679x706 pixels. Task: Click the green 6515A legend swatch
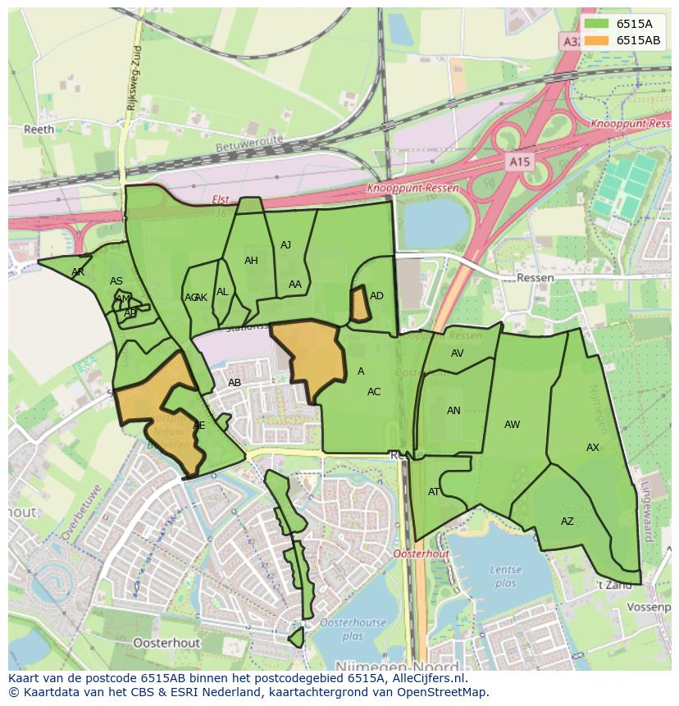click(x=597, y=24)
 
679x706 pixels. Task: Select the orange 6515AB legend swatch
click(x=597, y=40)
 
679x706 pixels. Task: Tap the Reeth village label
click(x=39, y=130)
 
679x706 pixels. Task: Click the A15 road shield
click(x=518, y=162)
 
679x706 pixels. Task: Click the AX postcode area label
click(x=593, y=447)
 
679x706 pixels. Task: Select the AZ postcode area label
click(x=567, y=522)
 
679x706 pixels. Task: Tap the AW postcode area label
click(x=512, y=424)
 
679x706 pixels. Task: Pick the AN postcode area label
click(x=453, y=411)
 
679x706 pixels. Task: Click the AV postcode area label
click(x=458, y=353)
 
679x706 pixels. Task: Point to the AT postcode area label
click(x=434, y=492)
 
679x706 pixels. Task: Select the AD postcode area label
click(x=376, y=296)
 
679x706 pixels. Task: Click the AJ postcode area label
click(x=285, y=245)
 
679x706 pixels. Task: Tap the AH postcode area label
click(x=251, y=261)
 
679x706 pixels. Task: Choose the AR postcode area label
click(x=78, y=271)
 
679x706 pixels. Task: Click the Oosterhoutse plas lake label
click(x=353, y=629)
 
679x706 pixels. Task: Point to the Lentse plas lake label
click(x=505, y=576)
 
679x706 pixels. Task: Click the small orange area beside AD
click(x=358, y=304)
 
